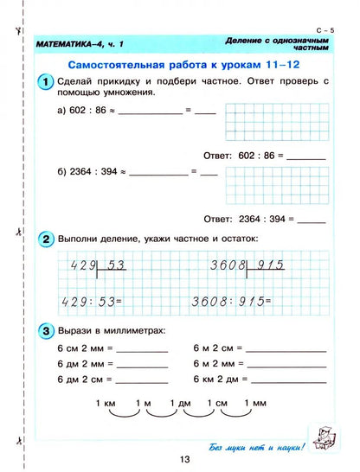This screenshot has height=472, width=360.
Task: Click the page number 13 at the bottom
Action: point(179,459)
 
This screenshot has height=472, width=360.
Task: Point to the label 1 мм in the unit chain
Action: point(255,403)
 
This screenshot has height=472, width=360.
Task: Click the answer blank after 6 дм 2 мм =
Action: point(142,365)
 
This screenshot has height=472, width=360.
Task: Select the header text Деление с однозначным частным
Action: point(275,44)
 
